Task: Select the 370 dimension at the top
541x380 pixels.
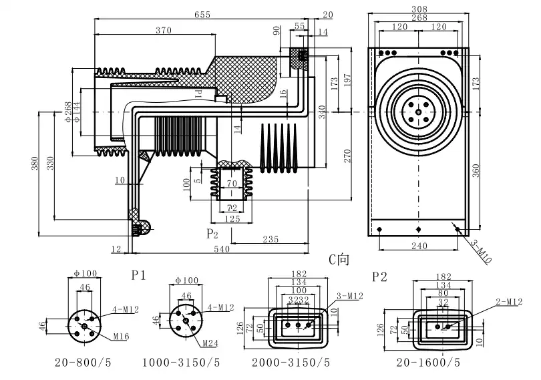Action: click(164, 31)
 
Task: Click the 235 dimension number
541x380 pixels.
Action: click(270, 239)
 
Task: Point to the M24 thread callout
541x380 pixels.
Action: click(212, 345)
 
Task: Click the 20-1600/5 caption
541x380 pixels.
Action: click(428, 363)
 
